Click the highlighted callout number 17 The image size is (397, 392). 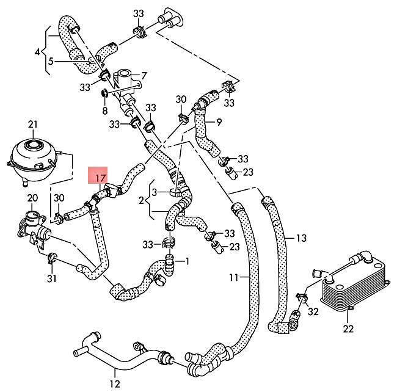pyautogui.click(x=101, y=178)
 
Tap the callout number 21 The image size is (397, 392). pyautogui.click(x=32, y=125)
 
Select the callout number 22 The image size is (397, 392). pyautogui.click(x=348, y=328)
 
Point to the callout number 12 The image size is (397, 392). pyautogui.click(x=115, y=384)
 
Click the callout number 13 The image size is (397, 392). pyautogui.click(x=301, y=238)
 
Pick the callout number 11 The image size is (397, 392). pyautogui.click(x=234, y=277)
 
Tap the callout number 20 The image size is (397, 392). pyautogui.click(x=32, y=198)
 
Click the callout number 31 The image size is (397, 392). pyautogui.click(x=52, y=278)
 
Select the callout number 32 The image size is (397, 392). pyautogui.click(x=313, y=311)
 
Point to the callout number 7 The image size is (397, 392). pyautogui.click(x=144, y=76)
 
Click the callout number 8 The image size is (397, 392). pyautogui.click(x=105, y=111)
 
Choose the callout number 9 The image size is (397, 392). pyautogui.click(x=219, y=122)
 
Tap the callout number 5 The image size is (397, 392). pyautogui.click(x=51, y=61)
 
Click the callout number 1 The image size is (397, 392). pyautogui.click(x=187, y=261)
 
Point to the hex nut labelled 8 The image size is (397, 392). pyautogui.click(x=104, y=93)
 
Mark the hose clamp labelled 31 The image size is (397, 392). pyautogui.click(x=51, y=258)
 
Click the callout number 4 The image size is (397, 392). pyautogui.click(x=37, y=53)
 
